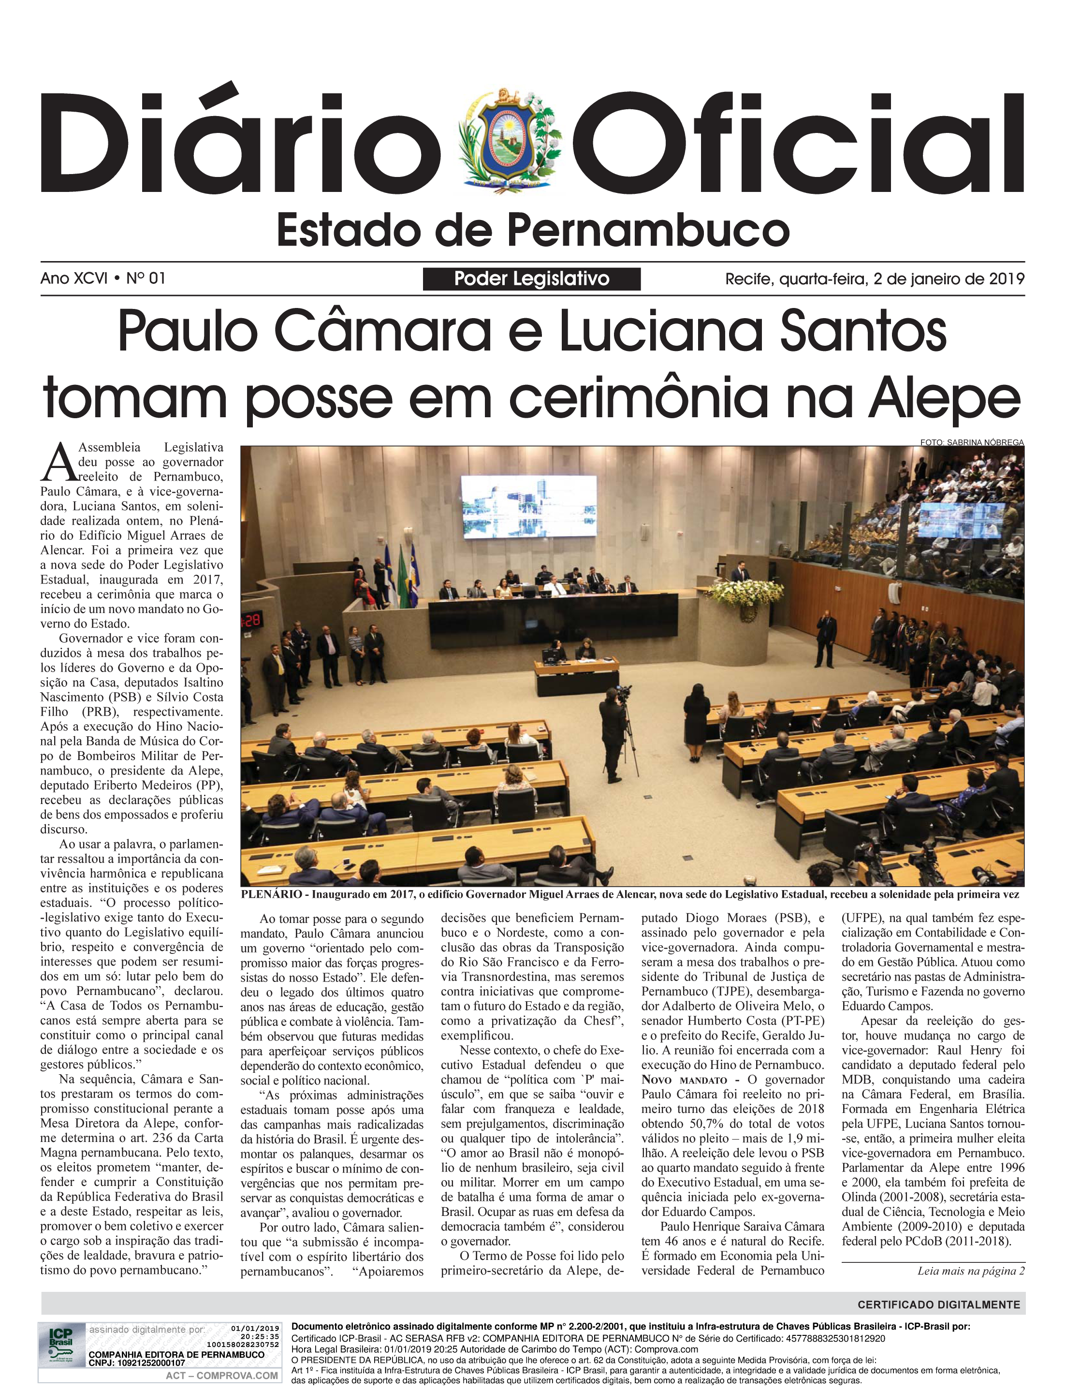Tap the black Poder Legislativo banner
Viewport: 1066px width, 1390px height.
click(x=532, y=278)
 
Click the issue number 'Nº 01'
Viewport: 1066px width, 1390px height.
click(x=146, y=278)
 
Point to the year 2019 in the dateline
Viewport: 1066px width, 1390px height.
click(x=1007, y=278)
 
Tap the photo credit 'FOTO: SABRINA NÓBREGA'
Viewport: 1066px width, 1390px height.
click(x=971, y=442)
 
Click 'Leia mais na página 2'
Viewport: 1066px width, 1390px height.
click(x=971, y=1271)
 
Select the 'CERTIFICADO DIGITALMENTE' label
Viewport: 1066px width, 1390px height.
click(x=938, y=1304)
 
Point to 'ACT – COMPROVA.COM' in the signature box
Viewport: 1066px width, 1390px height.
click(x=221, y=1375)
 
